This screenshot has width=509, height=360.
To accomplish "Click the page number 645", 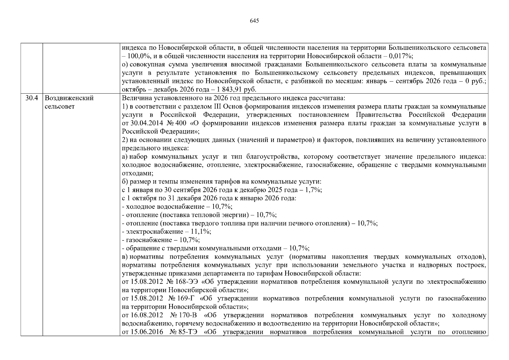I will tap(254, 21).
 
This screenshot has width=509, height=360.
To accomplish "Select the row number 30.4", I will tap(31, 98).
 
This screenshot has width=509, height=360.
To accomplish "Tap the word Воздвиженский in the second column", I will tap(69, 98).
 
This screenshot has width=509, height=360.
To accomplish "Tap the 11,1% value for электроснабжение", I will tap(202, 232).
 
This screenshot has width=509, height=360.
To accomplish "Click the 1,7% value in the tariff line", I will tap(313, 190).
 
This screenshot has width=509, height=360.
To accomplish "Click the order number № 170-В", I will tap(184, 315).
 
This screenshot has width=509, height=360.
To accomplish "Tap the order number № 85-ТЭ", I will tap(183, 332).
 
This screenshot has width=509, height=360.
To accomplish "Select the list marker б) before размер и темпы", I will tap(125, 181).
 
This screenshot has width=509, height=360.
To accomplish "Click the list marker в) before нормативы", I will tap(125, 257).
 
